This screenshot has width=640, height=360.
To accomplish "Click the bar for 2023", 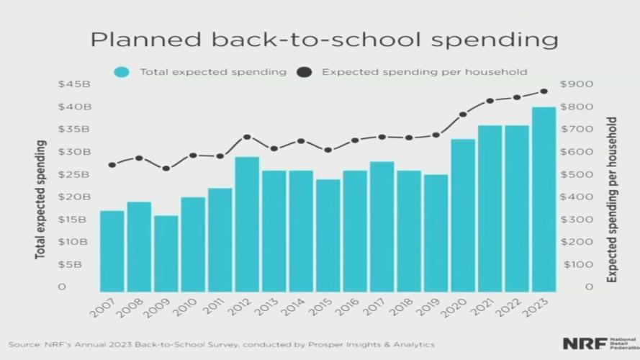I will tap(544, 198).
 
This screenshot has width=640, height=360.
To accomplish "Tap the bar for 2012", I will tap(247, 223).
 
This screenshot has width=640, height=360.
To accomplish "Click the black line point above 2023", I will tap(544, 91).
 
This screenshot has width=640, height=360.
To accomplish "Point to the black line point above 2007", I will tap(112, 165).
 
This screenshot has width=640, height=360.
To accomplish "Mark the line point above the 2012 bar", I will tap(247, 137).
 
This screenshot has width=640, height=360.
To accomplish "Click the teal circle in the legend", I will tap(122, 72).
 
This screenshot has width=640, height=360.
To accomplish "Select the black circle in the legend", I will tap(305, 72).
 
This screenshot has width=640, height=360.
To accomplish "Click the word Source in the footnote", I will tap(24, 344).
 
